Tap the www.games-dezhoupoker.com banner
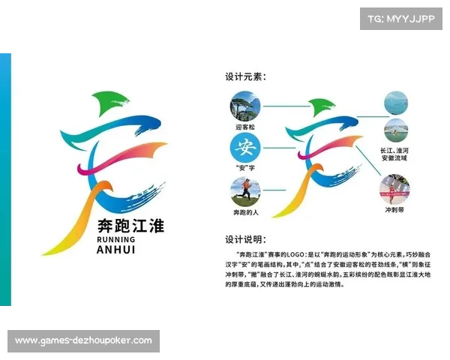(83, 341)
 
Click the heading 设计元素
(245, 76)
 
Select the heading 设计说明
(245, 240)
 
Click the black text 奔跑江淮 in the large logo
(130, 224)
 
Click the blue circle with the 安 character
(245, 145)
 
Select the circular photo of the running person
(245, 191)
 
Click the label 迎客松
(245, 127)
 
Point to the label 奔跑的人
(245, 213)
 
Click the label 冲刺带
(394, 210)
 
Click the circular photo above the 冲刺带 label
(394, 189)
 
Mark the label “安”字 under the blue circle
(245, 167)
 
